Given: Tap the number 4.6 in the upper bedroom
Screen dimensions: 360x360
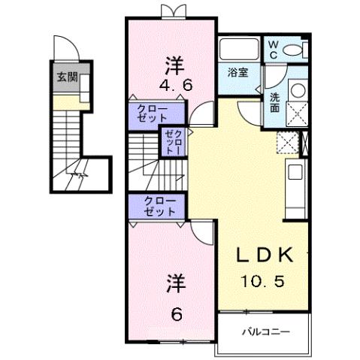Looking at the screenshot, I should (177, 84).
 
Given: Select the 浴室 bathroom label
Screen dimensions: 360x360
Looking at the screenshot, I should (237, 73).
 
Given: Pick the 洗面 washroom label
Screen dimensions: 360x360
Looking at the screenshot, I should (275, 101).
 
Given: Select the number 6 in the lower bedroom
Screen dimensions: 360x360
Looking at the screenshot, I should (177, 313).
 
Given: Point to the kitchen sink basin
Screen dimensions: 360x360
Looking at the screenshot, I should (294, 172).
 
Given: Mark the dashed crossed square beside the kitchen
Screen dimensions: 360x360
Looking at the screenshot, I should (286, 141).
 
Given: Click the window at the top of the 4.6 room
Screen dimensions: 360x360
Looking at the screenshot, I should (171, 11).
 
